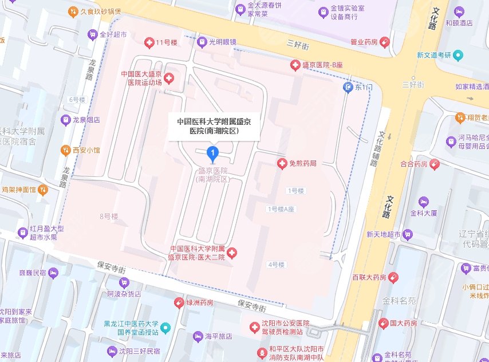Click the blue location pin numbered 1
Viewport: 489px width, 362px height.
(x=213, y=153)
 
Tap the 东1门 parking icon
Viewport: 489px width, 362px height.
(x=348, y=87)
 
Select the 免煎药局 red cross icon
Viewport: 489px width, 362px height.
(x=282, y=164)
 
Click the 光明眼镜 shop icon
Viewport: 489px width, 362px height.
(x=202, y=42)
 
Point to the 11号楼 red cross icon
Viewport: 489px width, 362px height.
(x=148, y=42)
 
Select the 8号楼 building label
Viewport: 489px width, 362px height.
(x=108, y=217)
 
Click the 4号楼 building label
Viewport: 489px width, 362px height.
(x=275, y=265)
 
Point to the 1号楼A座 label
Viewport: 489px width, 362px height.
(x=280, y=209)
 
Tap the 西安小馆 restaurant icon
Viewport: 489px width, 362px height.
(x=66, y=150)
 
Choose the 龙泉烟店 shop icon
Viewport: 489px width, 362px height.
(x=66, y=120)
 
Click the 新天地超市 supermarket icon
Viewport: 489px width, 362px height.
(x=408, y=234)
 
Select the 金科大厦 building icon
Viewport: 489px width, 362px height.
(x=423, y=201)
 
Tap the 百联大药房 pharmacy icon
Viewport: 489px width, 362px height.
(x=393, y=277)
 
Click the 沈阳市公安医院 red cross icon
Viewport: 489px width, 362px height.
(x=254, y=327)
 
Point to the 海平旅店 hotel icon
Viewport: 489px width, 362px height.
(x=198, y=336)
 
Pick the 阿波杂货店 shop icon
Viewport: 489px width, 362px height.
(x=124, y=282)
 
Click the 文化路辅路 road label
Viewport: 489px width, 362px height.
(x=379, y=151)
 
